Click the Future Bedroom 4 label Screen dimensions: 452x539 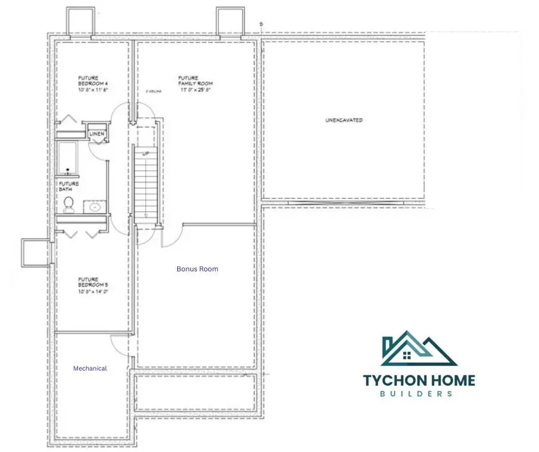coord(92,83)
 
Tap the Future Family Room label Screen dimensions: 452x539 coord(195,83)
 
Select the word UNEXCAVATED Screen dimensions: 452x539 coord(344,120)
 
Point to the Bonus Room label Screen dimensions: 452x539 coord(197,269)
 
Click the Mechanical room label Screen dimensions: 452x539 coord(90,369)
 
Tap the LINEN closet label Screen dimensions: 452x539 coord(96,134)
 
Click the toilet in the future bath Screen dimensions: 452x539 coord(69,205)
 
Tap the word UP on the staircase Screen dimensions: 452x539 coord(145,154)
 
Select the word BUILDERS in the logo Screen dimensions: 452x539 coord(419,394)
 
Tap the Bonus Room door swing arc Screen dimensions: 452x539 coord(171,237)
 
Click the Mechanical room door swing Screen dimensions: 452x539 coord(118,346)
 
